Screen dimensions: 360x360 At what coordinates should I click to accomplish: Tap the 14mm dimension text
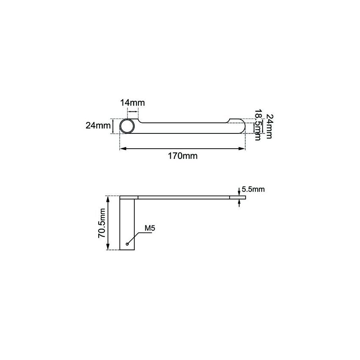click(132, 103)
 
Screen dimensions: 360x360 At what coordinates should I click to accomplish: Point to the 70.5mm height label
click(102, 223)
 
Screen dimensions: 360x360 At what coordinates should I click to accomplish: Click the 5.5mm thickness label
click(253, 189)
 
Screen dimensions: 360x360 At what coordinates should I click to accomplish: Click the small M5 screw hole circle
click(127, 244)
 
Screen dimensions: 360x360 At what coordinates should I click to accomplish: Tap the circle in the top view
click(127, 126)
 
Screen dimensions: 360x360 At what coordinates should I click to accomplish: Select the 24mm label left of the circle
click(98, 125)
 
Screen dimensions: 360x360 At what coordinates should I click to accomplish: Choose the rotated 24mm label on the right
click(270, 126)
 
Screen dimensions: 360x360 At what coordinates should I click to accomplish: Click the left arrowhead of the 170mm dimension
click(122, 149)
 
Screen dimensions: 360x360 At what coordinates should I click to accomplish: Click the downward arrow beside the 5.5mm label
click(239, 193)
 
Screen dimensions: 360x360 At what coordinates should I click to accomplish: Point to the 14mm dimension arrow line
click(133, 111)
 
